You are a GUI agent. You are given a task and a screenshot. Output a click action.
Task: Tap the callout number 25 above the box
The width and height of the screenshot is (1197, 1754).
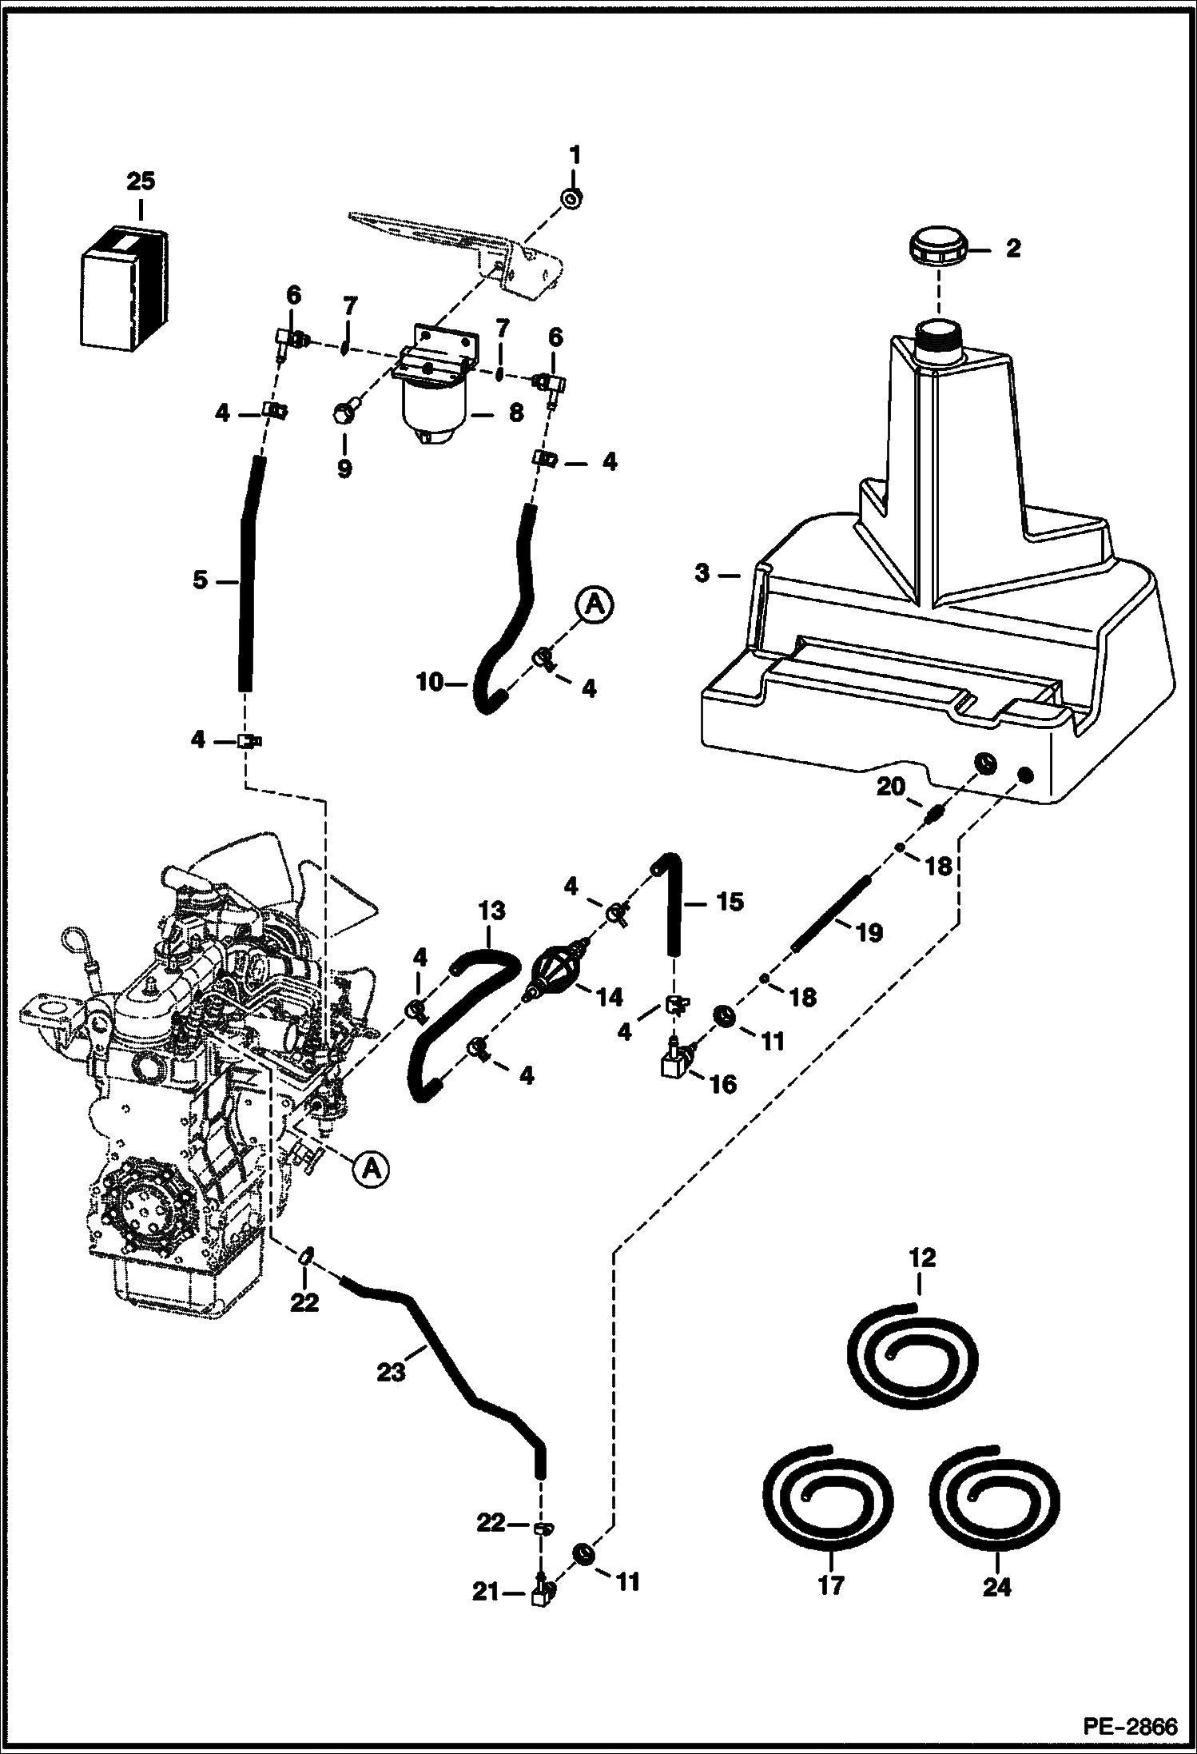pyautogui.click(x=140, y=182)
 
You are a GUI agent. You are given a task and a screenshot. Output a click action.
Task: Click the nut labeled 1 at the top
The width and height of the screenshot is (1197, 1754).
pyautogui.click(x=571, y=197)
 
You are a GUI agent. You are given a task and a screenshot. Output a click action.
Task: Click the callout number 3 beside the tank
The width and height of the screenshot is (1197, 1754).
pyautogui.click(x=702, y=574)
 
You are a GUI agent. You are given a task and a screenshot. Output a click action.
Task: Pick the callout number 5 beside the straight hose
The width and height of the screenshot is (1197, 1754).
pyautogui.click(x=200, y=580)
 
